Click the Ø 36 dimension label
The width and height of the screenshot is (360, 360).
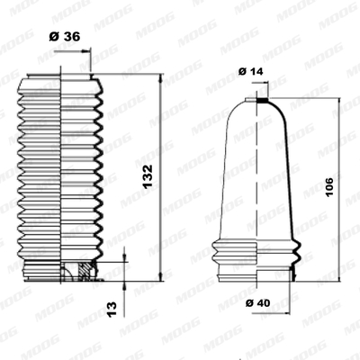pyautogui.click(x=65, y=37)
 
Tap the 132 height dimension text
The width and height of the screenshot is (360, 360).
pyautogui.click(x=148, y=176)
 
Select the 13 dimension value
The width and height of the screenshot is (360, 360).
pyautogui.click(x=112, y=310)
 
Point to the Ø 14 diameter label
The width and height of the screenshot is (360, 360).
pyautogui.click(x=250, y=71)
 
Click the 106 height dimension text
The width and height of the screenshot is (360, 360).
pyautogui.click(x=329, y=187)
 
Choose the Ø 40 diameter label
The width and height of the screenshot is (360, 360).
pyautogui.click(x=257, y=303)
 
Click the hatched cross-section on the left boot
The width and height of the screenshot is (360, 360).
pyautogui.click(x=85, y=270)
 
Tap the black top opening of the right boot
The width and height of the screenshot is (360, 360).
pyautogui.click(x=263, y=100)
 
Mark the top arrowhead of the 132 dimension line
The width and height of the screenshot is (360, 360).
pyautogui.click(x=160, y=77)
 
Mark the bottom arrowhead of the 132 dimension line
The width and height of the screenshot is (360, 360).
pyautogui.click(x=160, y=277)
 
